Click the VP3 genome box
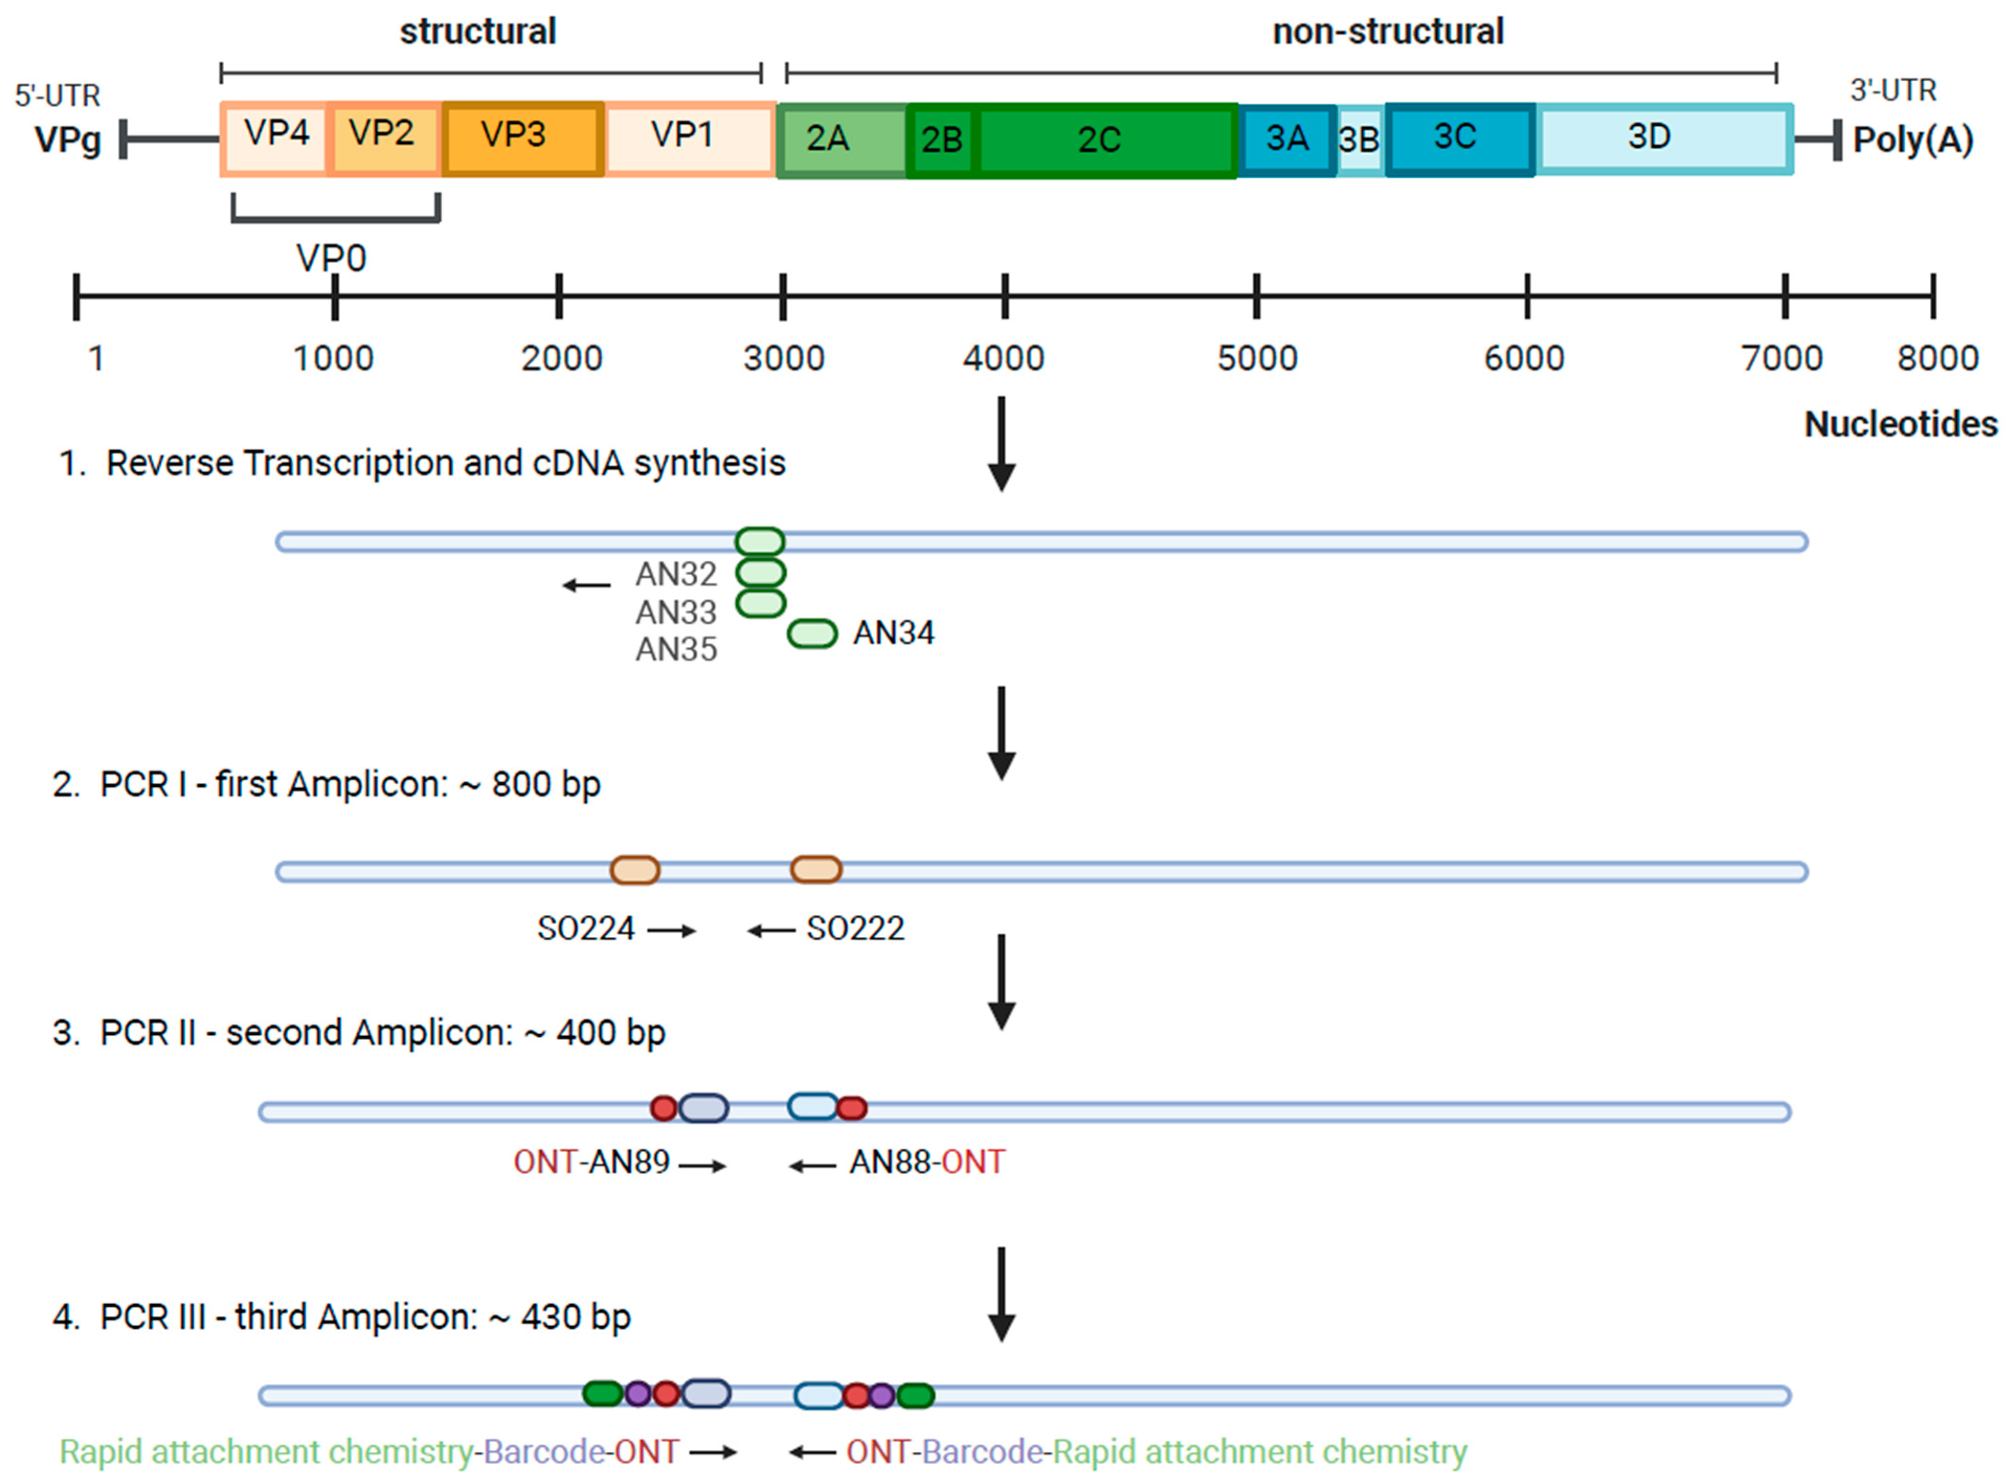tap(523, 139)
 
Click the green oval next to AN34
tap(812, 634)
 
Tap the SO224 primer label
tap(585, 930)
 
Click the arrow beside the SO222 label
tap(771, 931)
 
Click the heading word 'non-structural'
tap(1388, 32)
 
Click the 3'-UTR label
tap(1893, 90)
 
